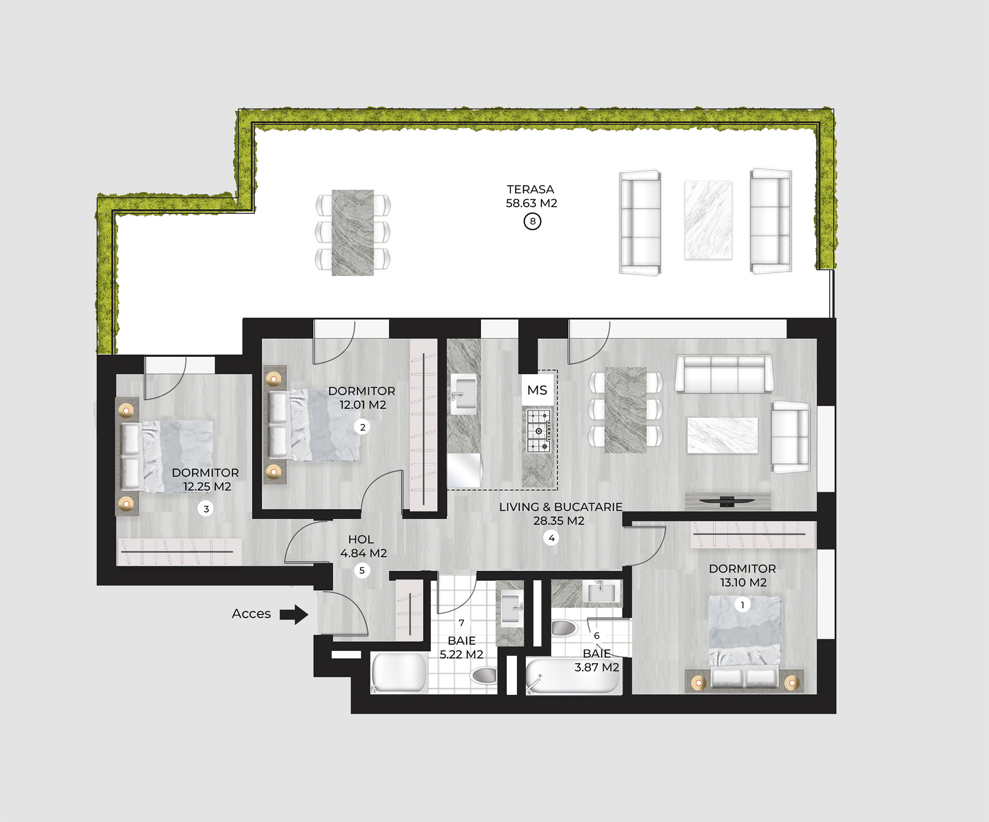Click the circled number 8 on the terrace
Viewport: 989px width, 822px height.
pos(532,221)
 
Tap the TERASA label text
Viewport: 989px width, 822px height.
pos(531,190)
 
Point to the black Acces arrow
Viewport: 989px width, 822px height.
pos(294,614)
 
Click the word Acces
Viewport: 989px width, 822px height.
pos(251,613)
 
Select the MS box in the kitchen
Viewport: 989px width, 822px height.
pos(537,390)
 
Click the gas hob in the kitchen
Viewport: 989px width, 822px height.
pos(539,431)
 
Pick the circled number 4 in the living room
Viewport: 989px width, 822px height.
pos(551,538)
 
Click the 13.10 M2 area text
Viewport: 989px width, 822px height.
pos(743,583)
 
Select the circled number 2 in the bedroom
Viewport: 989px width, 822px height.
pos(363,427)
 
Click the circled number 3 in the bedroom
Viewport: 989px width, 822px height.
pos(206,509)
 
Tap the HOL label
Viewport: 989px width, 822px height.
pos(361,539)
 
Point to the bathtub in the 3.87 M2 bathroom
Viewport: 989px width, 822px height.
pos(574,676)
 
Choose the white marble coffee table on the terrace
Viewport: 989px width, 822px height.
pos(708,220)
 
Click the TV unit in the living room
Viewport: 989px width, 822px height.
pos(727,501)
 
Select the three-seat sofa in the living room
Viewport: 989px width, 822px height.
pos(724,374)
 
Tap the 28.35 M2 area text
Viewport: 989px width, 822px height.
pos(559,521)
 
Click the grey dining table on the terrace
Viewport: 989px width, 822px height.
pos(353,233)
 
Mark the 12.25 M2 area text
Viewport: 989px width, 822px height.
pos(207,486)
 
